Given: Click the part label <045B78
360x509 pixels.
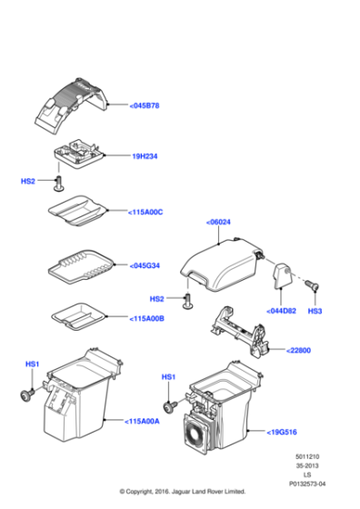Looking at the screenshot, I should click(x=145, y=106).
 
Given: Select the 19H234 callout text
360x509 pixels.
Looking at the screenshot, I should click(x=146, y=156).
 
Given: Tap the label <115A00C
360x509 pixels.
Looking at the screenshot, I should click(x=146, y=212).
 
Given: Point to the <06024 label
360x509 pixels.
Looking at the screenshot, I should click(x=220, y=223).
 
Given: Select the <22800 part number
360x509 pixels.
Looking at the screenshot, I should click(x=300, y=349).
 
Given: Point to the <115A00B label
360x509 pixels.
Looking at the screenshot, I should click(x=146, y=318).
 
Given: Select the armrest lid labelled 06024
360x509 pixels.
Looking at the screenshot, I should click(x=223, y=264).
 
